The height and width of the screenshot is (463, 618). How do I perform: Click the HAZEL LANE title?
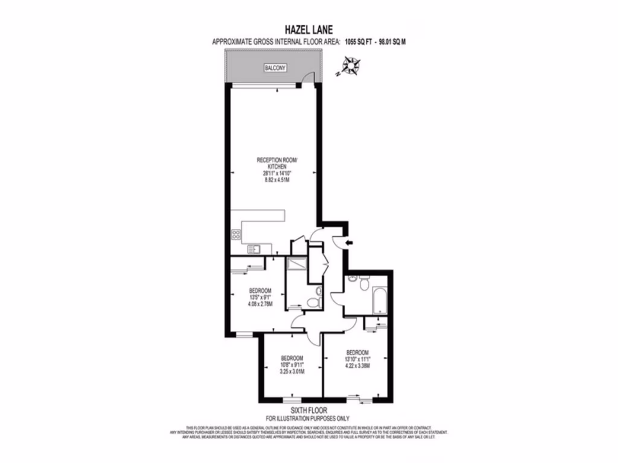tap(308, 28)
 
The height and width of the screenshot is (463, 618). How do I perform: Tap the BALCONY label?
tap(275, 68)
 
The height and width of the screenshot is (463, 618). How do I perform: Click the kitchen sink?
tap(254, 248)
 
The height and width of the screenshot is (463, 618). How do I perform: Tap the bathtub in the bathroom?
tap(381, 300)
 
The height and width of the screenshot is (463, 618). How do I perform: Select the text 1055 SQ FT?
tap(357, 41)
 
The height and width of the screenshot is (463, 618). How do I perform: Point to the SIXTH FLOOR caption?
tap(308, 410)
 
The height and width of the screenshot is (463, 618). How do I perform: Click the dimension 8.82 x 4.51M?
tap(276, 179)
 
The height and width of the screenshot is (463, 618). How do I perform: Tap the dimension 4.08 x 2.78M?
tap(260, 304)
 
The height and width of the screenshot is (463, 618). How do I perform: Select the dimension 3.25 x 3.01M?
tap(291, 371)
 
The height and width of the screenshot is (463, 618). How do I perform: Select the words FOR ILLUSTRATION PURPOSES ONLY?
tap(308, 418)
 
